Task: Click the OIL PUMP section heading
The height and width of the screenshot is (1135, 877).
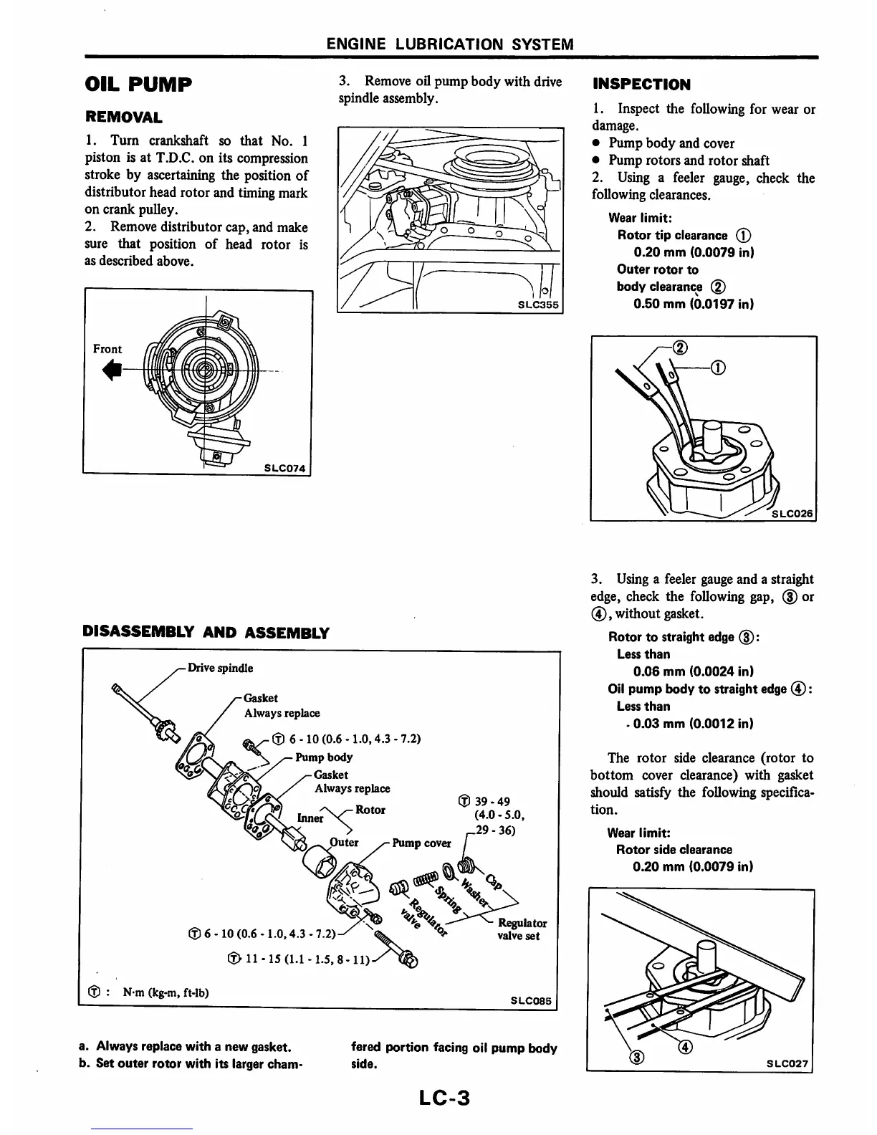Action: (x=138, y=85)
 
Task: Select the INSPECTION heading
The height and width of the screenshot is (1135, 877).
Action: (x=641, y=85)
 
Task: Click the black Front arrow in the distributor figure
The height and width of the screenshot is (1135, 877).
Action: (x=113, y=369)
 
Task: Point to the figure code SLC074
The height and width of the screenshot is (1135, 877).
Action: (x=284, y=469)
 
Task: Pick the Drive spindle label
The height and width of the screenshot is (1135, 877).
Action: (x=220, y=669)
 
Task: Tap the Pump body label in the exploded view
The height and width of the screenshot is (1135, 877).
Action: (x=324, y=757)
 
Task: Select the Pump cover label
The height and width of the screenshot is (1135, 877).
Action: (x=421, y=843)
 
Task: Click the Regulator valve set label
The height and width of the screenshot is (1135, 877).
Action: (x=522, y=929)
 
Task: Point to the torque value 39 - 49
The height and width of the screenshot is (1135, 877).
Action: (x=492, y=802)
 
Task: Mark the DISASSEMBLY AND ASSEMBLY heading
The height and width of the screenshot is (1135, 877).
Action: (x=206, y=633)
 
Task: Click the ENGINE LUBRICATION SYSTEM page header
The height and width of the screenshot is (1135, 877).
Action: (x=450, y=44)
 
